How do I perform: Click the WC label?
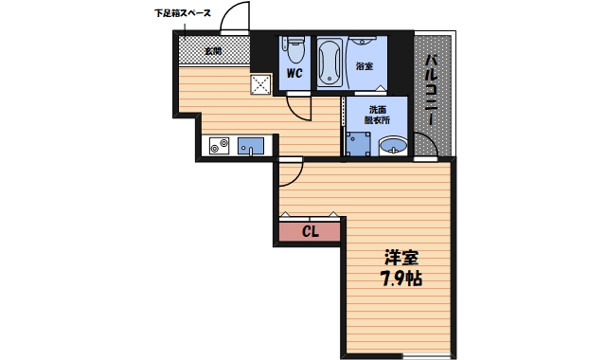[294, 70]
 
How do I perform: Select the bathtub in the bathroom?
[330, 62]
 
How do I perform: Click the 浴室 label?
[364, 66]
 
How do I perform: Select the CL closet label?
[310, 231]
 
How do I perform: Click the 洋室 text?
[401, 257]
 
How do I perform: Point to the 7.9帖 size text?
[401, 280]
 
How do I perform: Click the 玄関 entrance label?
[213, 50]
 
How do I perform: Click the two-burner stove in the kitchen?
[221, 145]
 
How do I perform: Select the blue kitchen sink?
[251, 145]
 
